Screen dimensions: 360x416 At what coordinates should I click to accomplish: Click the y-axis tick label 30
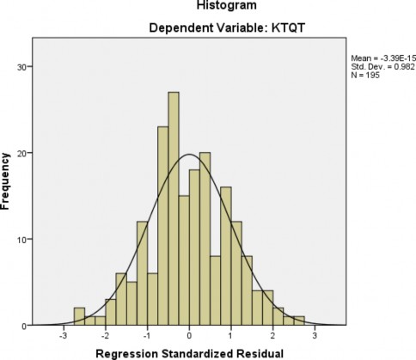point(23,67)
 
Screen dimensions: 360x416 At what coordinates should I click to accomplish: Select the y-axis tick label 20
point(23,153)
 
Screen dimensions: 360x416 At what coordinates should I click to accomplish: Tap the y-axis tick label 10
point(23,240)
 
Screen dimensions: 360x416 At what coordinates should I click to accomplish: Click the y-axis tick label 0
point(26,326)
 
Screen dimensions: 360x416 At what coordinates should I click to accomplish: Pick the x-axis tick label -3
point(63,336)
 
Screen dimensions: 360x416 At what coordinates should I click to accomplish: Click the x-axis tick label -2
point(105,336)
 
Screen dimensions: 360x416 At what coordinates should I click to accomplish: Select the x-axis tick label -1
point(147,336)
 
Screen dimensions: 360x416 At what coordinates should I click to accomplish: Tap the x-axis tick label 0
point(190,336)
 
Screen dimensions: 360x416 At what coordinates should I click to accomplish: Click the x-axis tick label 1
point(232,336)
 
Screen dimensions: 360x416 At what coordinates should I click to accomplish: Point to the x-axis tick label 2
point(273,336)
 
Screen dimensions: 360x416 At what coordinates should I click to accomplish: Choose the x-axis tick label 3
point(315,336)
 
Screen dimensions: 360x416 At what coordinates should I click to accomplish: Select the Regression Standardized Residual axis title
point(190,352)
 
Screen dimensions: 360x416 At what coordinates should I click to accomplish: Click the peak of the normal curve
point(189,155)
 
